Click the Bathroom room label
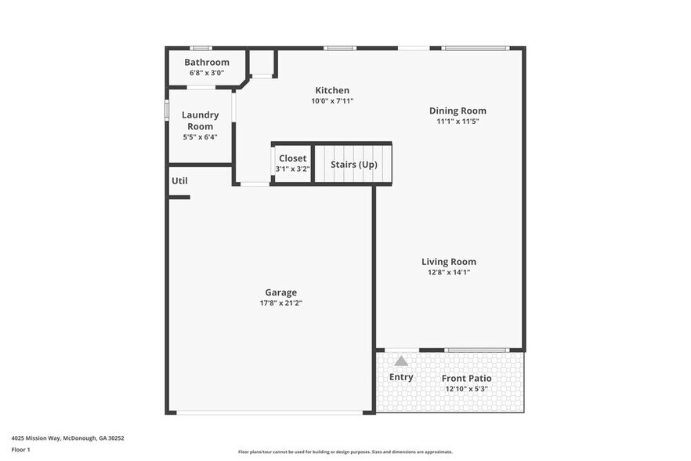(x=207, y=63)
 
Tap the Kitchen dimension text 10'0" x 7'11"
(x=332, y=100)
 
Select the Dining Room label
(x=458, y=111)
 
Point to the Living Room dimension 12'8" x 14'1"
(x=449, y=272)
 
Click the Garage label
(x=280, y=292)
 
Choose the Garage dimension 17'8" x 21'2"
(x=280, y=303)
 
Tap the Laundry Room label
(x=200, y=121)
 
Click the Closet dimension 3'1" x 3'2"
(x=292, y=169)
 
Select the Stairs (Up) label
(x=353, y=165)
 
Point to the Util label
(x=179, y=181)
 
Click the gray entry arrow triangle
(x=401, y=361)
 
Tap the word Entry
(x=401, y=377)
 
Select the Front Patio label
(x=466, y=379)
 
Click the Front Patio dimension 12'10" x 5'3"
(x=466, y=389)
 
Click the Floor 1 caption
(x=21, y=449)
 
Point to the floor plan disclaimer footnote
(x=345, y=452)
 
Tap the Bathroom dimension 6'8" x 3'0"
(x=207, y=73)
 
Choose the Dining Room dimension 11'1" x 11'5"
(x=458, y=122)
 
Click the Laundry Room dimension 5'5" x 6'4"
(x=200, y=136)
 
